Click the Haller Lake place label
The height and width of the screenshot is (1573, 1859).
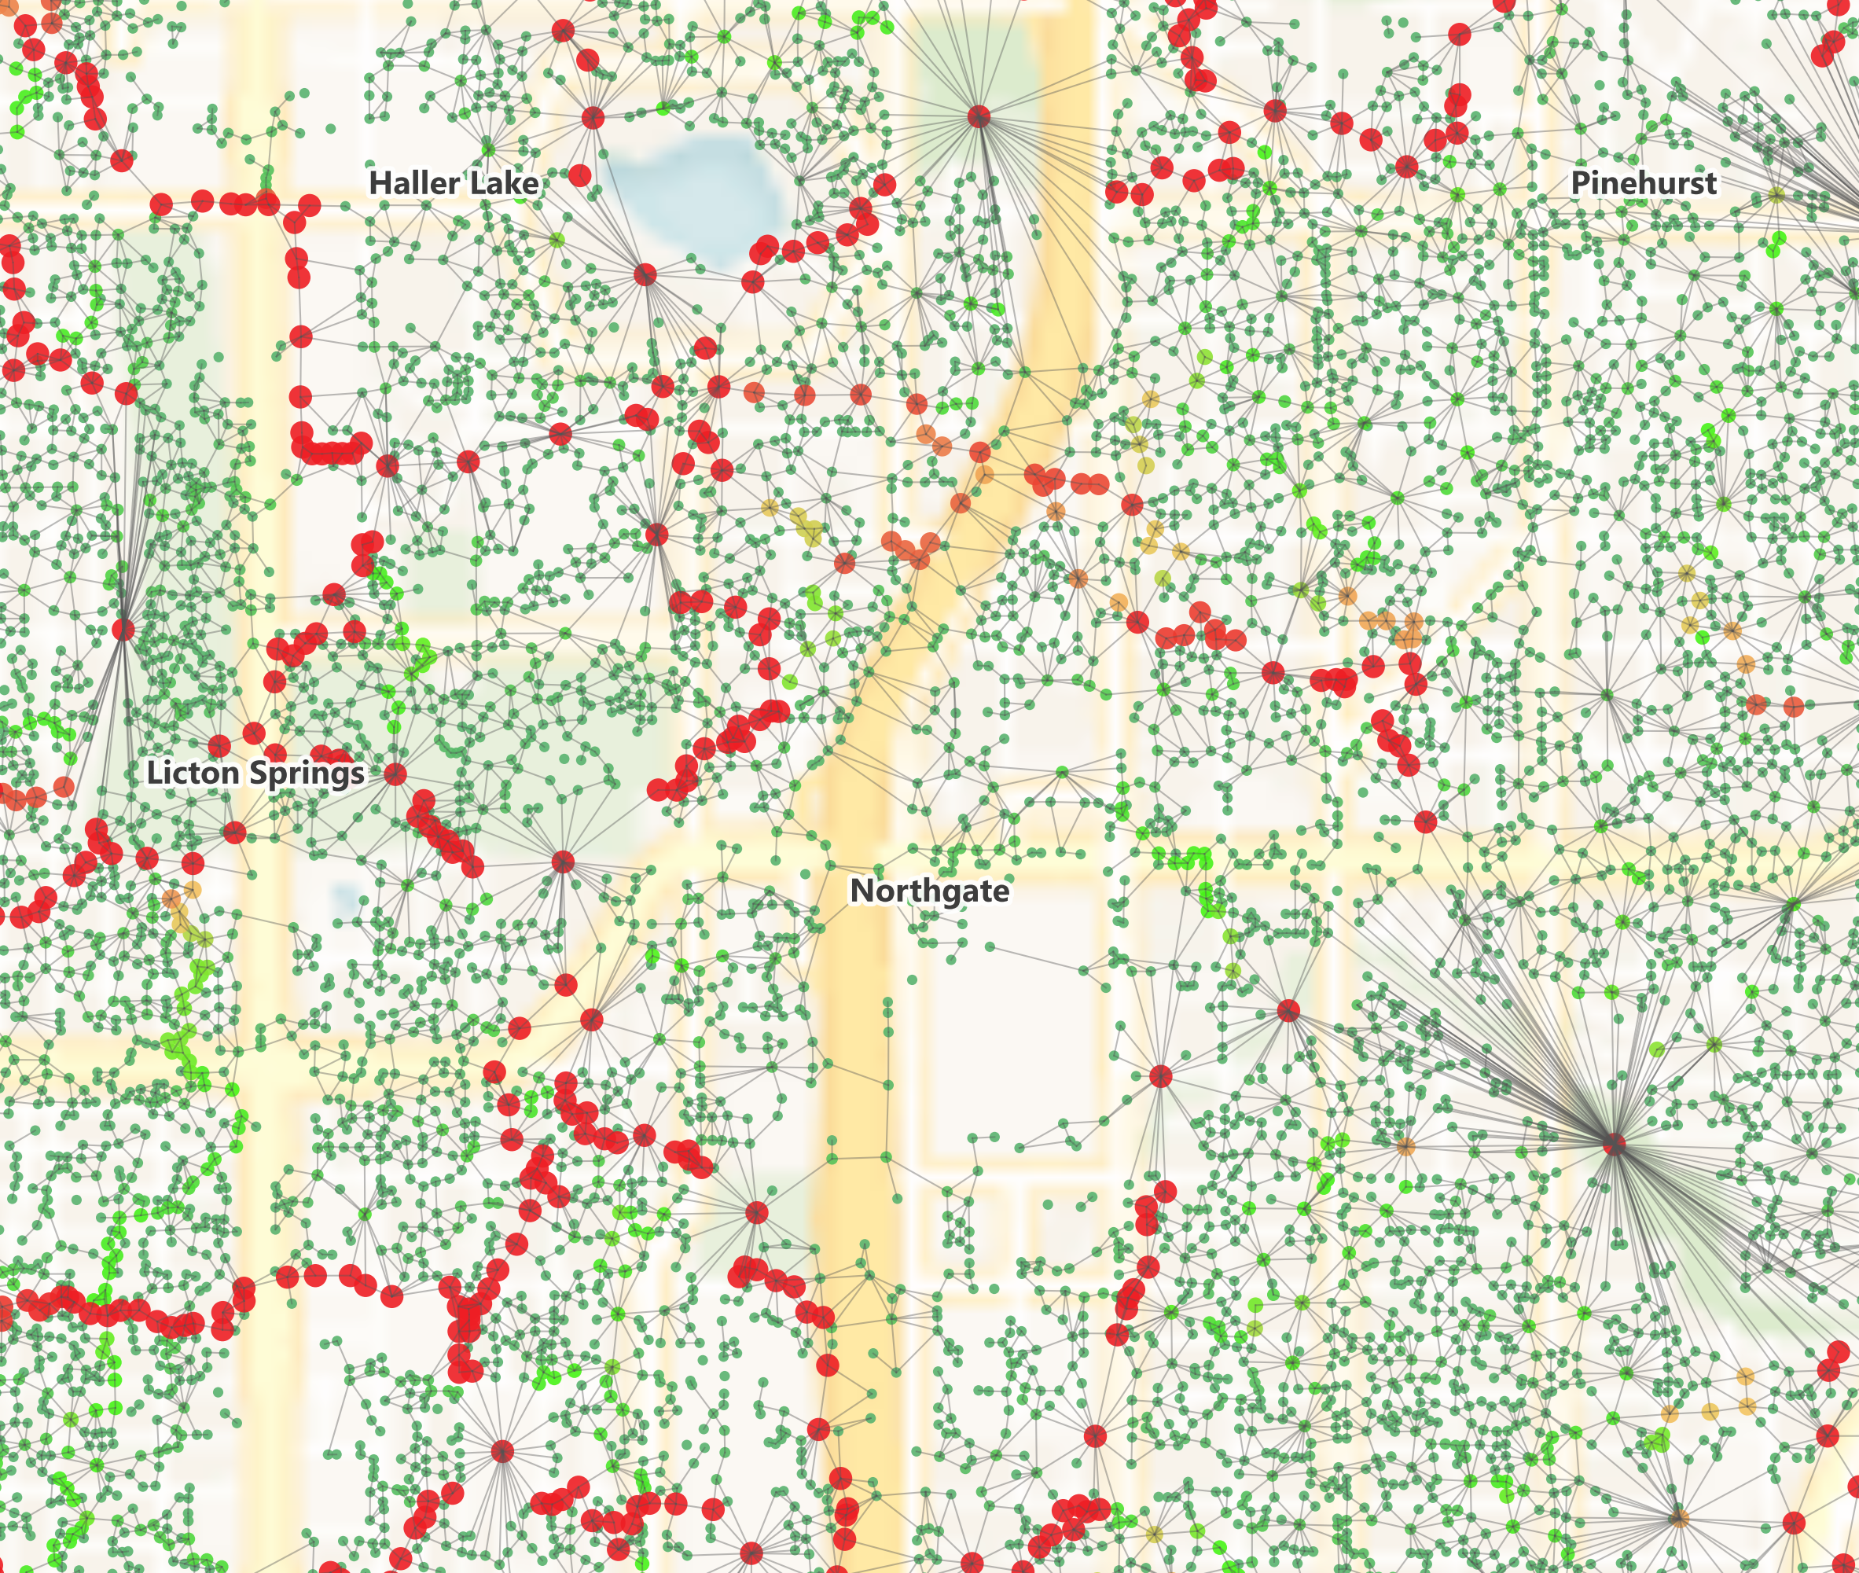[454, 183]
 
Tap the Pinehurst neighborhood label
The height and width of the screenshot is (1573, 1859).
[1644, 183]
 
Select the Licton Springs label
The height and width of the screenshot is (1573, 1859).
[256, 772]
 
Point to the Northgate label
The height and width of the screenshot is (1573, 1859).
[930, 890]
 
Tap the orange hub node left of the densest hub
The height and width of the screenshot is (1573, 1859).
[1405, 1146]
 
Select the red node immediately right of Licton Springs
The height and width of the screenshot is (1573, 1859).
[395, 775]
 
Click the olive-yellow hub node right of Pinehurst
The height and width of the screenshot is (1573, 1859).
[1776, 195]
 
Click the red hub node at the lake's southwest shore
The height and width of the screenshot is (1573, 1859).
[645, 274]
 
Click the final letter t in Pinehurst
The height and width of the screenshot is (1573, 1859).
[1710, 183]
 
